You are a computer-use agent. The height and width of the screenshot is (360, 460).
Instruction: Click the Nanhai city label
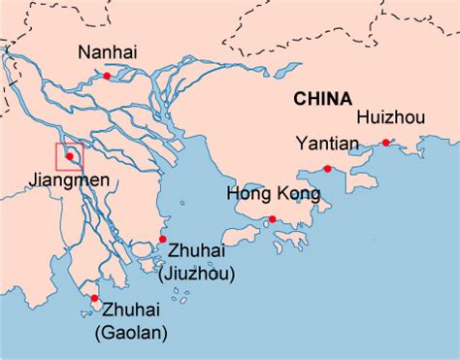pos(110,52)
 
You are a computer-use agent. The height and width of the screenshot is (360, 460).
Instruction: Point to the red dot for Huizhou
pos(386,143)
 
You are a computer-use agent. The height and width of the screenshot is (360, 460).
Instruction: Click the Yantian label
pos(329,145)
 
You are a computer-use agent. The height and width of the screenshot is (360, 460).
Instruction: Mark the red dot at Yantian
pos(330,168)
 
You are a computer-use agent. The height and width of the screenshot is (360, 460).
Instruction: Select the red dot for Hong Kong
pos(273,220)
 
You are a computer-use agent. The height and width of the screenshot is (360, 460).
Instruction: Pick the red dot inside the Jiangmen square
pos(69,156)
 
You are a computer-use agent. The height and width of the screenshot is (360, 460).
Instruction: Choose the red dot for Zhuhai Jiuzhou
pos(162,239)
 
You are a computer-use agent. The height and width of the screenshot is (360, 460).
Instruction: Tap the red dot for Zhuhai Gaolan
pos(93,298)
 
